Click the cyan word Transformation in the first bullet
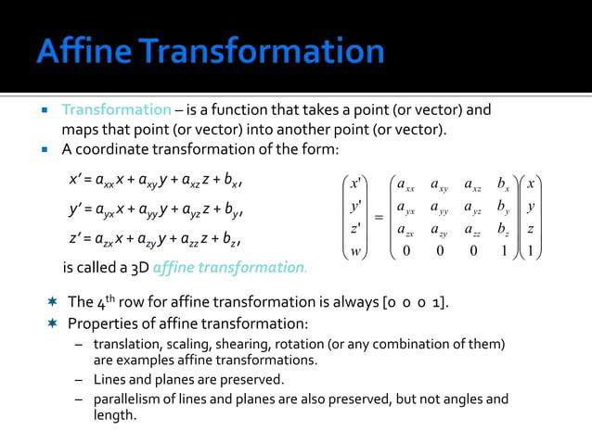pos(116,110)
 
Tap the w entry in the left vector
pos(355,251)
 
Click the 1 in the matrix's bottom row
pos(502,251)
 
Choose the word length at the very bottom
pos(114,416)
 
